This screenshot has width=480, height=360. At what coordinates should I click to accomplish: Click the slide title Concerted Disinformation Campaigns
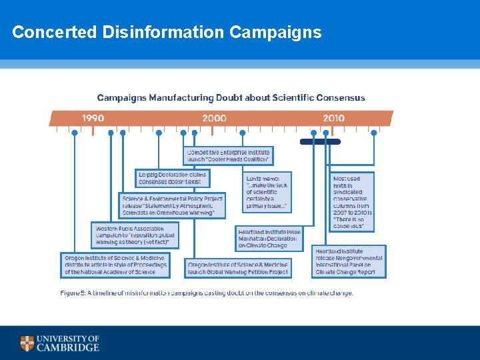167,32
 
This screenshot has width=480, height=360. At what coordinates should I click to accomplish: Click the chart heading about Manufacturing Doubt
231,97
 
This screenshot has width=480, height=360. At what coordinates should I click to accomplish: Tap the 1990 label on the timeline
93,118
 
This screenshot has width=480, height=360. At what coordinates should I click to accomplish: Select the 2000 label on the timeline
214,118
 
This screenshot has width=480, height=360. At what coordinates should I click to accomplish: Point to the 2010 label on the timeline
333,118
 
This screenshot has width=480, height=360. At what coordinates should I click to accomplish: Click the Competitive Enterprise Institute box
228,156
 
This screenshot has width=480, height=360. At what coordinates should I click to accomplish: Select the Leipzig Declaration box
173,178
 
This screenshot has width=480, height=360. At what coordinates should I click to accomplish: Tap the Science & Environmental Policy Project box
172,205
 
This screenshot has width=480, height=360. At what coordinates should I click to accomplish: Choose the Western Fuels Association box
135,235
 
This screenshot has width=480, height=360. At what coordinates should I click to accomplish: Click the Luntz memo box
267,192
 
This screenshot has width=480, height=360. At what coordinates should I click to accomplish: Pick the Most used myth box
352,202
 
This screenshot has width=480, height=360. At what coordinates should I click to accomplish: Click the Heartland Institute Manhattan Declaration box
269,239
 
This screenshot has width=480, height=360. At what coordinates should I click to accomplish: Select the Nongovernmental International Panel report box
349,261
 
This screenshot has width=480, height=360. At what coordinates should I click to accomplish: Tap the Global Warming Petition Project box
238,268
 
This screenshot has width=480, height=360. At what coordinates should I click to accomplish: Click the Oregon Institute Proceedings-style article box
115,265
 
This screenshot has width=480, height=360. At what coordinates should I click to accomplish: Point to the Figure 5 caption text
207,293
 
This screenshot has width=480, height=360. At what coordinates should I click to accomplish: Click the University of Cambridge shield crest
27,343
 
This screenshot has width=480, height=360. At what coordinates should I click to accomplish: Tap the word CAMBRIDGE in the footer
67,347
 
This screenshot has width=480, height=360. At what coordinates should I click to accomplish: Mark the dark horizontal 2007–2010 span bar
320,141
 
